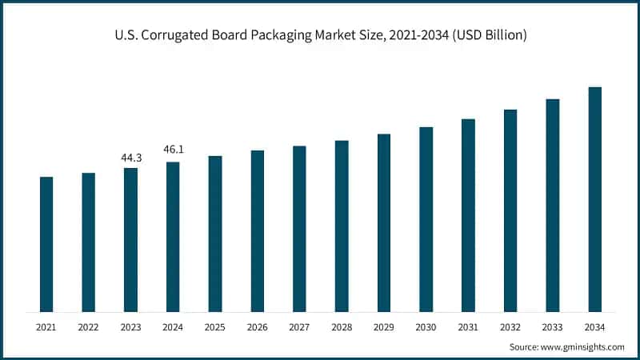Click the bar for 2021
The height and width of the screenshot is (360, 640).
(46, 244)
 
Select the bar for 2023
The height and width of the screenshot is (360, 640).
(130, 239)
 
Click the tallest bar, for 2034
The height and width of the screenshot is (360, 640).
(594, 199)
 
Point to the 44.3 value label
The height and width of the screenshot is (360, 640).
(130, 158)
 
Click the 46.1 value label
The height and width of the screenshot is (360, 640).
(173, 150)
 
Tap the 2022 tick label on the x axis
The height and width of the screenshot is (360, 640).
(88, 327)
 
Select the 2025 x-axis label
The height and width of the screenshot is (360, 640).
(215, 327)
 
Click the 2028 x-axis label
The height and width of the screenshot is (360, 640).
(342, 327)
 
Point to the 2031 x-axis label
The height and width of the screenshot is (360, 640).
(468, 327)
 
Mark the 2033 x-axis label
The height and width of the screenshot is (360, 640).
(552, 327)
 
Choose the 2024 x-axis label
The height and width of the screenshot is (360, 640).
(173, 327)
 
